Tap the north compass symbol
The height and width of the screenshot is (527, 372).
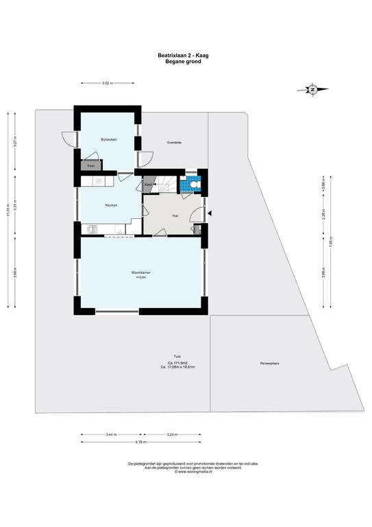tap(312, 89)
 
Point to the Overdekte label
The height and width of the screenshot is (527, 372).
tap(174, 142)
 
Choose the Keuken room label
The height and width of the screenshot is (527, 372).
tap(111, 205)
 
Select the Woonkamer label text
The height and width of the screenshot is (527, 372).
tap(141, 272)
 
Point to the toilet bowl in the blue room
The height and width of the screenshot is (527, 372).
tap(195, 185)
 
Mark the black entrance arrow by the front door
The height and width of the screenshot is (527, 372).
tap(210, 213)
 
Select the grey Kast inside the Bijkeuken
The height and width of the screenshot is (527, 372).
tap(91, 165)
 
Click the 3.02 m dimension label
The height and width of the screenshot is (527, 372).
tap(106, 83)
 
